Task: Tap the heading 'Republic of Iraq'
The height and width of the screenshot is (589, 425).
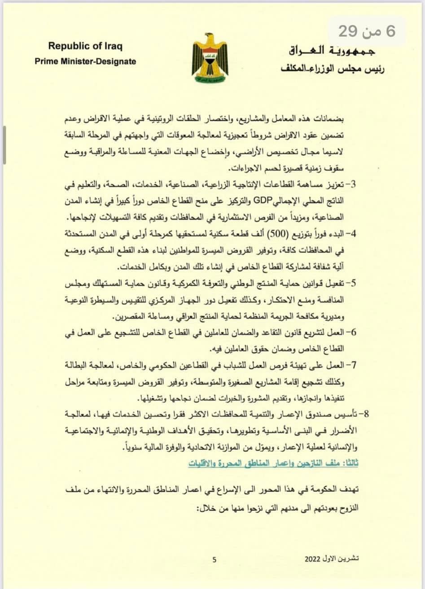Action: coord(85,46)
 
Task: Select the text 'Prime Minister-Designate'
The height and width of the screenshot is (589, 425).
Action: coord(85,61)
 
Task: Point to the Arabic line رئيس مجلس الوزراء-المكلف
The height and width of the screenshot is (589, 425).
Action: coord(333,68)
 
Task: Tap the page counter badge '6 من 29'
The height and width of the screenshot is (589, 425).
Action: coord(367,32)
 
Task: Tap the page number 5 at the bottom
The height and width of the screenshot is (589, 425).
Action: coord(215,559)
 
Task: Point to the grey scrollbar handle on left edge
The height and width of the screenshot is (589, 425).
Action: coord(4,144)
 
